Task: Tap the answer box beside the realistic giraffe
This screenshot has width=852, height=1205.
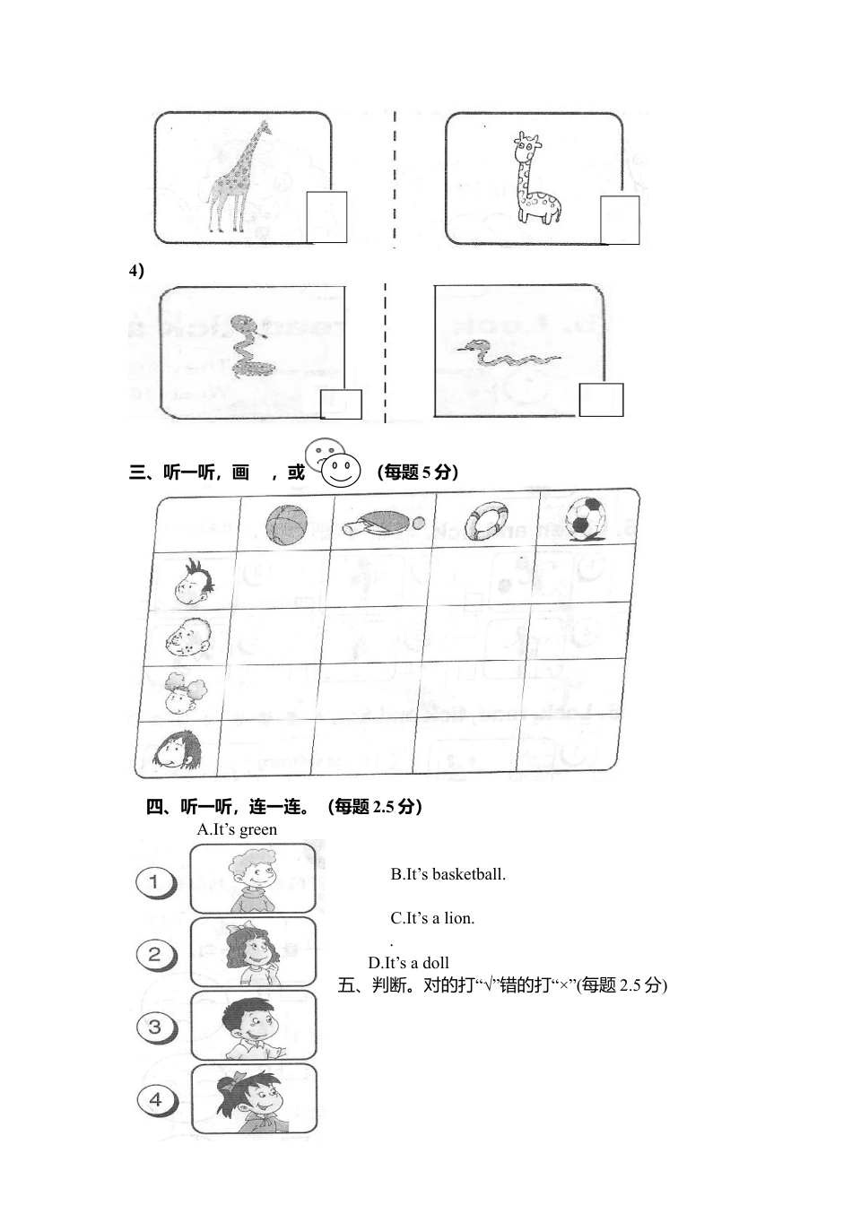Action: [x=326, y=216]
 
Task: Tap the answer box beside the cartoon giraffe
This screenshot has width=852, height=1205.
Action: [x=620, y=220]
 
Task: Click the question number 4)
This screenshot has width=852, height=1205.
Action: [x=136, y=271]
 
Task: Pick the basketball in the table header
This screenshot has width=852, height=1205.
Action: [x=286, y=524]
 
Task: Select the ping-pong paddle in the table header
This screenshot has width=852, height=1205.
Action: [x=381, y=524]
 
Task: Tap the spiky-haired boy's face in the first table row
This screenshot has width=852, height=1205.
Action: [x=194, y=583]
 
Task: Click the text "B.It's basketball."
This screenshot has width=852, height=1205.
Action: [x=448, y=874]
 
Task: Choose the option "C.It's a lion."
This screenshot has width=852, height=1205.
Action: [x=432, y=918]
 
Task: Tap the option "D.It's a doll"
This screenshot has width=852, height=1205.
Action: [x=409, y=963]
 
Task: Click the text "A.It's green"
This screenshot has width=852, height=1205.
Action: [x=237, y=829]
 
